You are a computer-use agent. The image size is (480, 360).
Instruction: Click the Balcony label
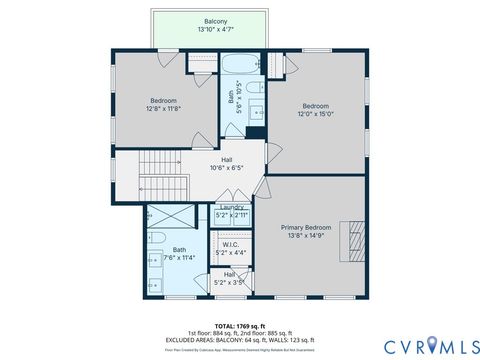(215, 21)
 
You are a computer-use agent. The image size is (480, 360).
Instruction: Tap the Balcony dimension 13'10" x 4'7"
(215, 30)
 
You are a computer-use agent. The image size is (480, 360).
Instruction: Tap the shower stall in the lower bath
(163, 217)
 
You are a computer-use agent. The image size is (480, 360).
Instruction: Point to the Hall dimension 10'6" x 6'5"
(228, 168)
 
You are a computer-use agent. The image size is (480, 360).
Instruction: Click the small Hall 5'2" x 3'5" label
(230, 278)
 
